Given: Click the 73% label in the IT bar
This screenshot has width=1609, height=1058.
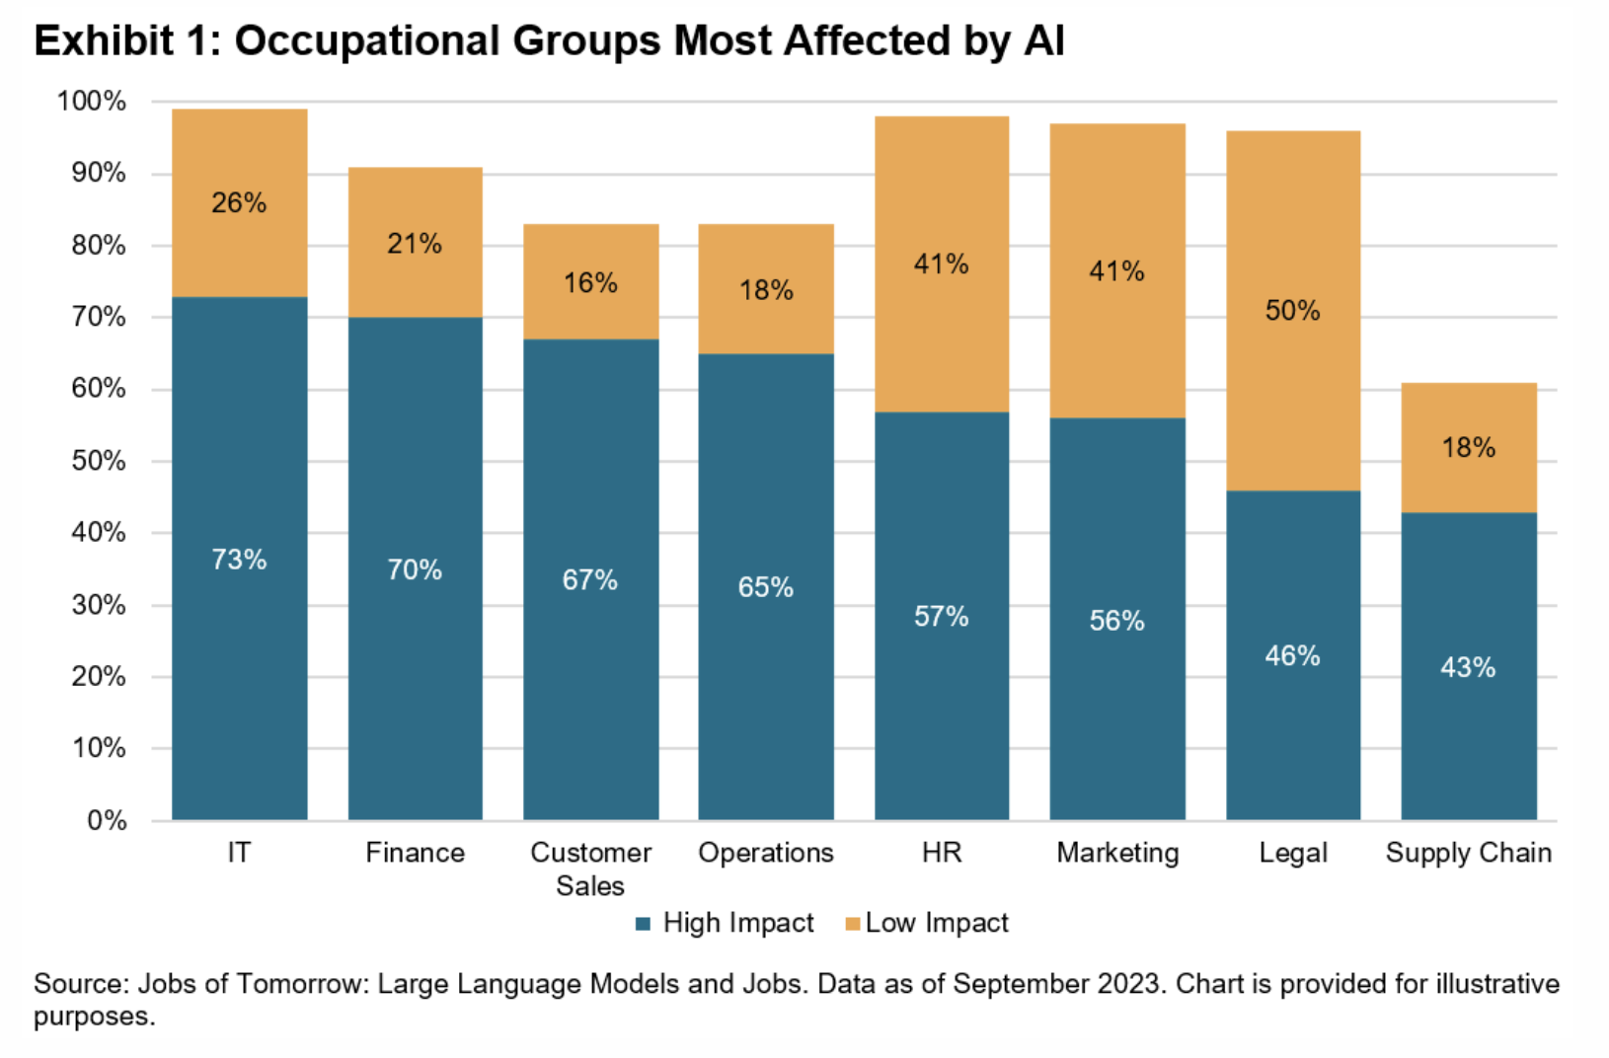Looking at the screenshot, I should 239,560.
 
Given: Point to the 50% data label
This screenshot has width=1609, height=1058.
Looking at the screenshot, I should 1292,311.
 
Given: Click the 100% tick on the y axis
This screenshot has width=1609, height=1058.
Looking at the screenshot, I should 92,102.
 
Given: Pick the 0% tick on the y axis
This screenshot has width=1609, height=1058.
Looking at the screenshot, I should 107,820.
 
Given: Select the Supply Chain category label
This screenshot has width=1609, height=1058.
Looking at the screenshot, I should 1468,853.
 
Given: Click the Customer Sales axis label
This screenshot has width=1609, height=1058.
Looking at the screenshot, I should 590,869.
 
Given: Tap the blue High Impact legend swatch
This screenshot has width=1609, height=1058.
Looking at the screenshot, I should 644,924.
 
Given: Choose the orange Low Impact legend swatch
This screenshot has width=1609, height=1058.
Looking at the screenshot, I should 853,924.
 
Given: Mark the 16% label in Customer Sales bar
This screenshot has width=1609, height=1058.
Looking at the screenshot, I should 590,283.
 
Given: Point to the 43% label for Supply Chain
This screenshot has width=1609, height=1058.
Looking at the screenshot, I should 1468,667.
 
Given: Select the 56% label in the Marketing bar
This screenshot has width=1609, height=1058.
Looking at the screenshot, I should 1116,620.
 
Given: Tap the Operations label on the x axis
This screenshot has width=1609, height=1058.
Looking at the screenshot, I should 766,853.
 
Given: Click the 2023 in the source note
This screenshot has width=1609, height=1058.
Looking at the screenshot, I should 1129,984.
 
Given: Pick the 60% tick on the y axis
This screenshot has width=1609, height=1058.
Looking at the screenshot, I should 99,389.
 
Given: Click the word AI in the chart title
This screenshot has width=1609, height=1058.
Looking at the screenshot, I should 1043,41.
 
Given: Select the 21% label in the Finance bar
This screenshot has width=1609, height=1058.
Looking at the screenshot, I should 415,244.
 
